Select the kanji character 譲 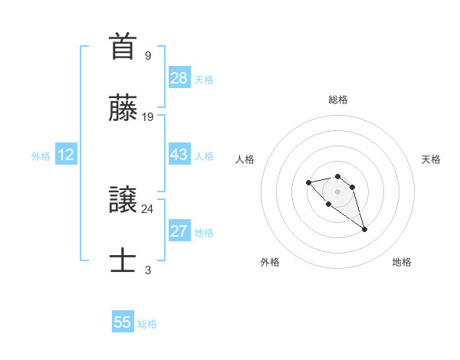(x=123, y=200)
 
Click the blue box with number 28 (x=179, y=77)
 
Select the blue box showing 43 (x=179, y=155)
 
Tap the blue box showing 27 (x=179, y=231)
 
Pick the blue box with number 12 (x=66, y=155)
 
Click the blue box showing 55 (x=123, y=322)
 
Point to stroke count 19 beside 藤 (x=148, y=117)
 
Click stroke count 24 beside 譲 (x=148, y=209)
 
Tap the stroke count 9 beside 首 (x=148, y=56)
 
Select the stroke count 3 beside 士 (x=148, y=270)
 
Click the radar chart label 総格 (x=338, y=100)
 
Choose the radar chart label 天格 (x=431, y=159)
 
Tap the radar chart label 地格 (x=402, y=262)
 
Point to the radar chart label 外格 (x=270, y=262)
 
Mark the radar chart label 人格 (x=245, y=159)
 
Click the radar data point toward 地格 (x=364, y=229)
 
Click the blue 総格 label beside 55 (x=147, y=324)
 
